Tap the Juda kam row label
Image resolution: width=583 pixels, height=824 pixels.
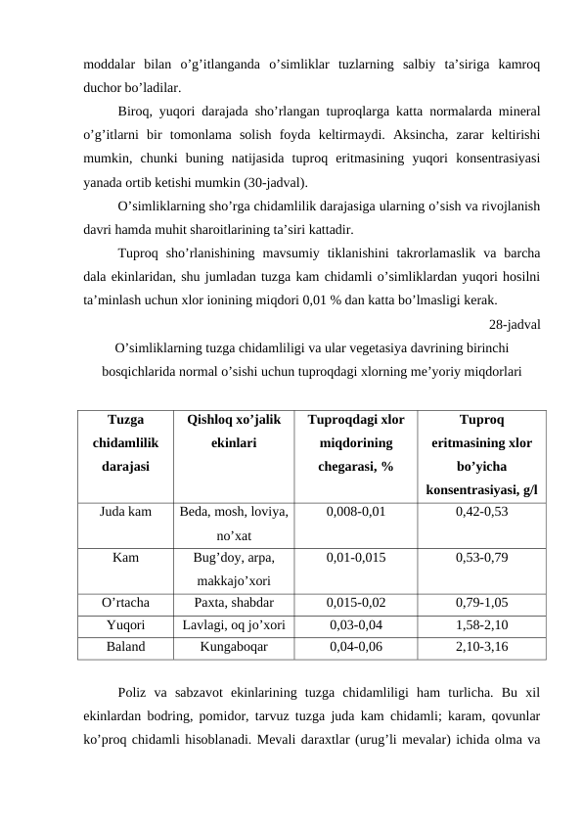pyautogui.click(x=125, y=512)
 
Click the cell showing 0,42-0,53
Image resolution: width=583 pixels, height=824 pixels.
pyautogui.click(x=481, y=512)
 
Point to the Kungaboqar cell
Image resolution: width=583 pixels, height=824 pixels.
pyautogui.click(x=232, y=647)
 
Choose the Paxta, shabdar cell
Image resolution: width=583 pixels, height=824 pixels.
pyautogui.click(x=232, y=602)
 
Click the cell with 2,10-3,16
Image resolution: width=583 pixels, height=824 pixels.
pyautogui.click(x=481, y=647)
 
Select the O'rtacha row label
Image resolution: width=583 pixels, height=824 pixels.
pyautogui.click(x=125, y=602)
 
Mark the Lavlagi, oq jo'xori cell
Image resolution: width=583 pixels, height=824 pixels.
pyautogui.click(x=232, y=624)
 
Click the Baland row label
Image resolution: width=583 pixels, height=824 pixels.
pyautogui.click(x=125, y=647)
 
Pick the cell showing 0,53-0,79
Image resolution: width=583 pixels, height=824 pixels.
pyautogui.click(x=481, y=557)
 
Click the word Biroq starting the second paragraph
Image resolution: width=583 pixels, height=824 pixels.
pyautogui.click(x=134, y=109)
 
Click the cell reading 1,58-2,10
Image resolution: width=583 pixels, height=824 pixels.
pyautogui.click(x=481, y=624)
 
